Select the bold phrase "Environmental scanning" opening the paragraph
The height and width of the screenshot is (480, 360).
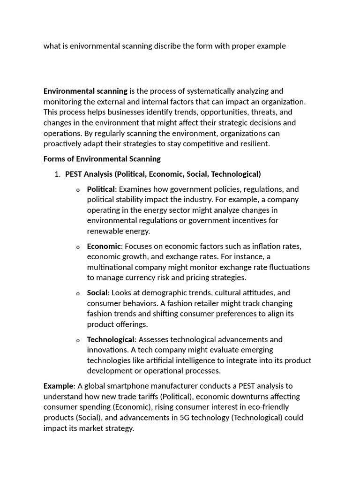pos(85,91)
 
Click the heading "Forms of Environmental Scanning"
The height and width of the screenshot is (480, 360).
pos(102,159)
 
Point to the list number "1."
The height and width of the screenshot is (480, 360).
pos(58,174)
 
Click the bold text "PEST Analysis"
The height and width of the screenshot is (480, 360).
pos(89,174)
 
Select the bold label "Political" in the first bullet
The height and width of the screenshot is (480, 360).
pos(100,189)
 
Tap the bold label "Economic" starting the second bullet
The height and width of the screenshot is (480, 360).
pos(104,246)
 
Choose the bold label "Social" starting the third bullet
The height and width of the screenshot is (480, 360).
pos(97,292)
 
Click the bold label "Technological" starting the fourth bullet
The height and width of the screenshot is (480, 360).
pos(110,339)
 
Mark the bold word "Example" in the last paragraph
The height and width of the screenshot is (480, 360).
pos(59,386)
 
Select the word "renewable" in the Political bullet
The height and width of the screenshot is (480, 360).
pos(104,231)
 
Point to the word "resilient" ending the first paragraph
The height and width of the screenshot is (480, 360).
pos(254,143)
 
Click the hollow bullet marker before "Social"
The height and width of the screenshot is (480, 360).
pos(78,293)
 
